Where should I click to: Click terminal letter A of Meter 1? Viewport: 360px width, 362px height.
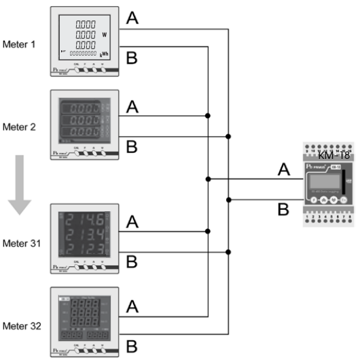coord(133,18)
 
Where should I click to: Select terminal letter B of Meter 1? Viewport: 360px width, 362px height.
coord(133,58)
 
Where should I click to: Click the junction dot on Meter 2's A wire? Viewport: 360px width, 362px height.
coord(207,116)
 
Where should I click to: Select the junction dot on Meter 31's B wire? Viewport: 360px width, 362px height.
coord(230,251)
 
